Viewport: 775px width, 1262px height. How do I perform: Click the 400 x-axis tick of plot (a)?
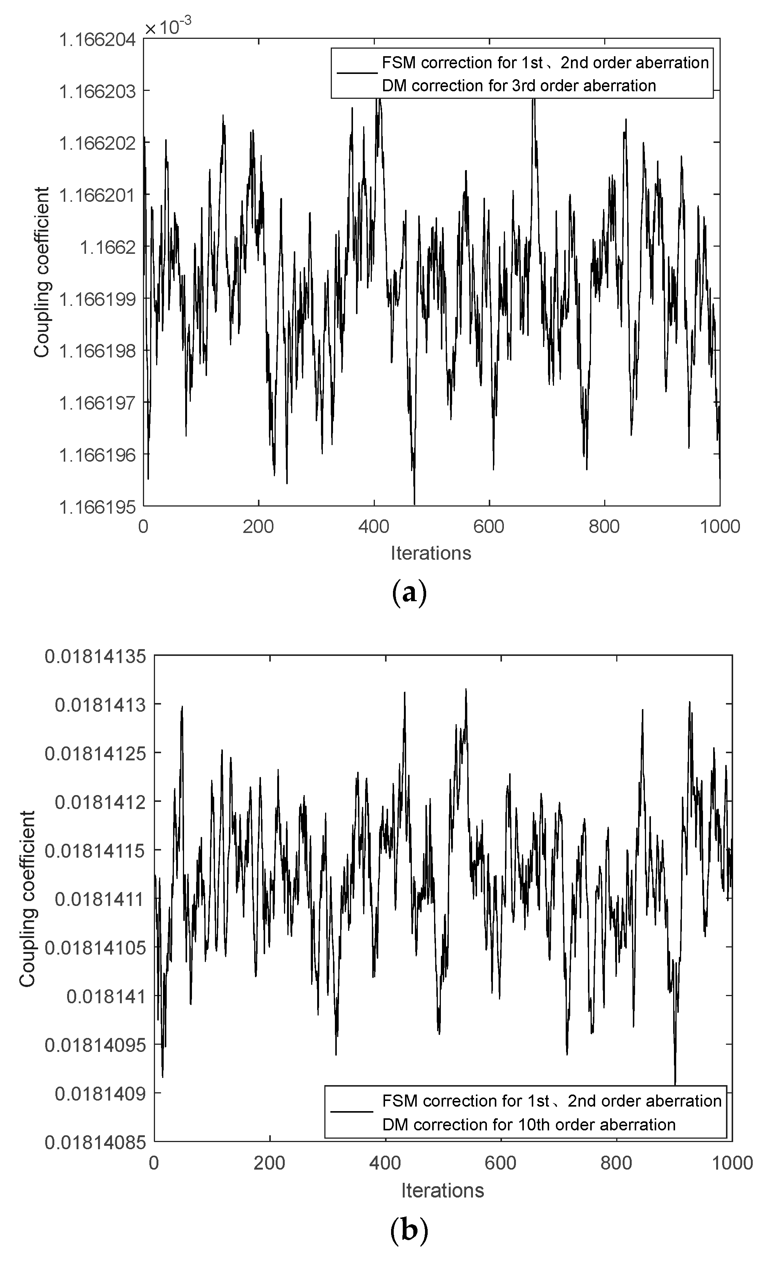pos(374,527)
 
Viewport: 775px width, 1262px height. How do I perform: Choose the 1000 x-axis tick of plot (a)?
pos(720,527)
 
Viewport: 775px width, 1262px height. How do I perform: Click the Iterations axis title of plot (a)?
pos(431,553)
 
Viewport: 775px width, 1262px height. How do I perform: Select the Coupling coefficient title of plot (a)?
pos(42,272)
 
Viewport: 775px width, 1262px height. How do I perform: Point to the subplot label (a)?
pos(408,593)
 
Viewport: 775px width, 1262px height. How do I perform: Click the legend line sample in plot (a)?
pos(357,73)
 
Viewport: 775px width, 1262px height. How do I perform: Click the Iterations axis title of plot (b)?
pos(442,1190)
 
